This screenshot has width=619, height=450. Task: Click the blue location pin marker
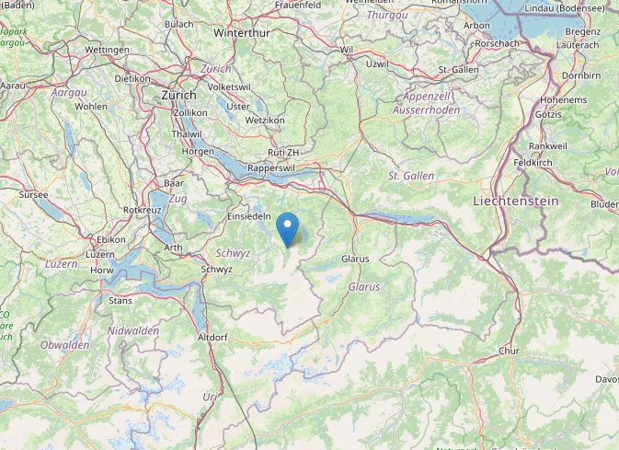[288, 228]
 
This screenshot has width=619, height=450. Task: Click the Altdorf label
[212, 338]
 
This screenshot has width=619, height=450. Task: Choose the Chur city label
[508, 351]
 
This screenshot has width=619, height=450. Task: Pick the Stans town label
[120, 300]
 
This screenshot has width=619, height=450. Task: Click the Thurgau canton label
[386, 16]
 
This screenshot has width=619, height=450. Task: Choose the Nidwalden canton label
[132, 329]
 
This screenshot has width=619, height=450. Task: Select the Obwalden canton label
[64, 344]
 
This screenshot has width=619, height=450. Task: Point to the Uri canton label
[211, 397]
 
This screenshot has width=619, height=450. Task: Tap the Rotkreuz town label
[143, 210]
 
